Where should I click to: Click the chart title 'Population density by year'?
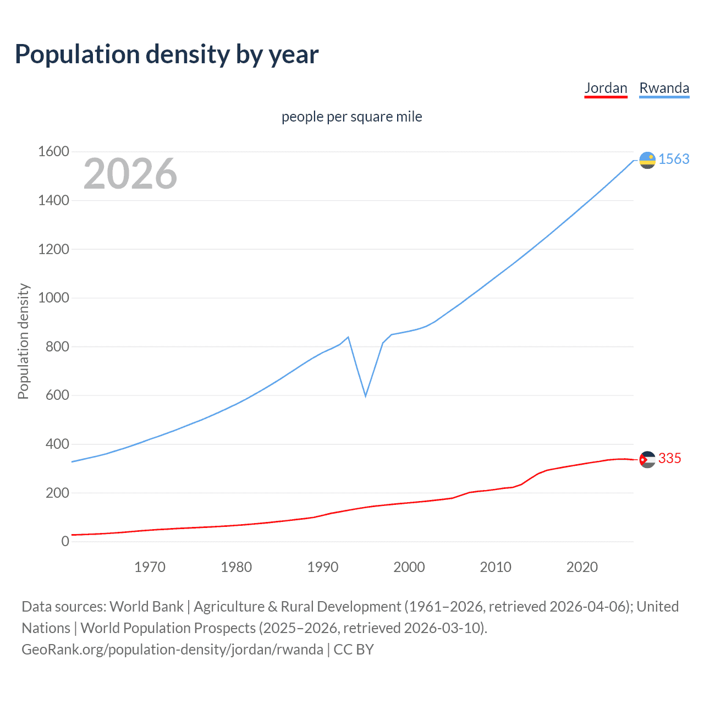[167, 54]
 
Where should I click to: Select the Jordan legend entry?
[606, 88]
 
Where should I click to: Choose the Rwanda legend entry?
[664, 88]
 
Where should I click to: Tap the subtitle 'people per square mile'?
[351, 117]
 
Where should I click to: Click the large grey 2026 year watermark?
[130, 174]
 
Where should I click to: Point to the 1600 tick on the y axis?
[53, 151]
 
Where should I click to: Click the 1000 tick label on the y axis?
[53, 298]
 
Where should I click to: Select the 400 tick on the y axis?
[57, 444]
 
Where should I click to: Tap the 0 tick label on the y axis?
[65, 541]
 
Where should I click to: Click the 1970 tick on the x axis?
[150, 567]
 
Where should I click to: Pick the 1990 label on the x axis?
[323, 567]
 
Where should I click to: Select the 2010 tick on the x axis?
[496, 567]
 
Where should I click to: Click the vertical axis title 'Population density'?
[23, 341]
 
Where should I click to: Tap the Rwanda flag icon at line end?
[647, 160]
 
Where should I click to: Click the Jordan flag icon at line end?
[647, 459]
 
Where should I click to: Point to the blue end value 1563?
[674, 159]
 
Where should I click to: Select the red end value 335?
[669, 458]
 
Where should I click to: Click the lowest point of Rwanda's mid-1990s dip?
[365, 395]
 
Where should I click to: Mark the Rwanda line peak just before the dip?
[348, 337]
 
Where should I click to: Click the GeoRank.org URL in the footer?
[172, 650]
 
